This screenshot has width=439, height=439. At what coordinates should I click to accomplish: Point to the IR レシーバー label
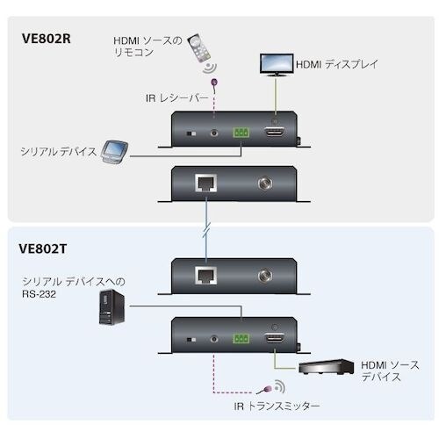click(x=176, y=98)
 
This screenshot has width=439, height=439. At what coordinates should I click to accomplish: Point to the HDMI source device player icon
click(x=327, y=371)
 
